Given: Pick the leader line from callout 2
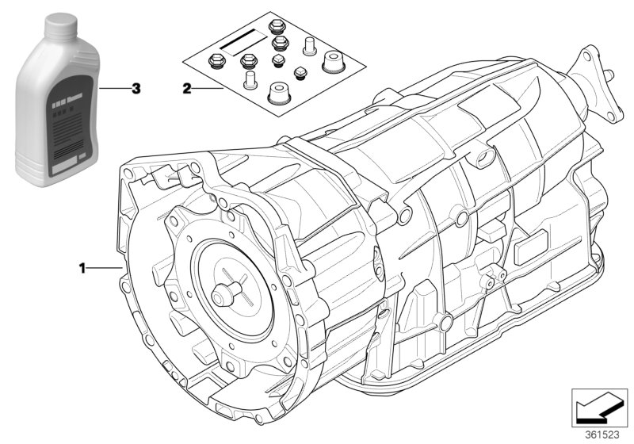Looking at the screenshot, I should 208,90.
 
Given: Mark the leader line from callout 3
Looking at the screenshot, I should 115,89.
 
